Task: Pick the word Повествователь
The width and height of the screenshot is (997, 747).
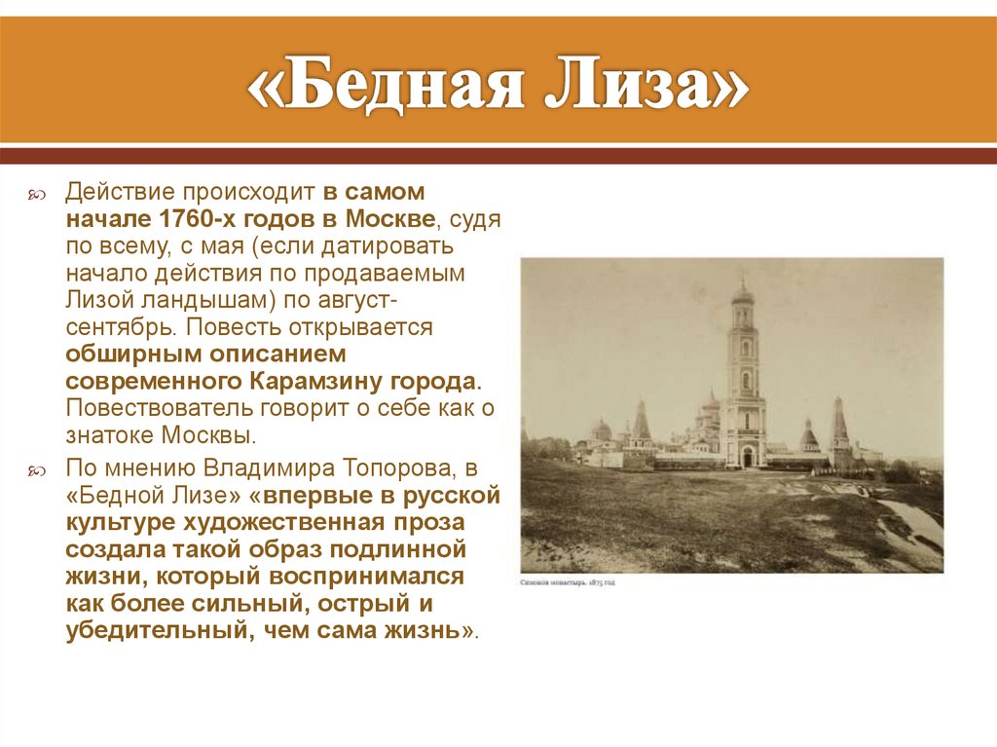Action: (x=158, y=407)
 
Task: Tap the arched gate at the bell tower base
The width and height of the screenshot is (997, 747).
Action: (x=746, y=456)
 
